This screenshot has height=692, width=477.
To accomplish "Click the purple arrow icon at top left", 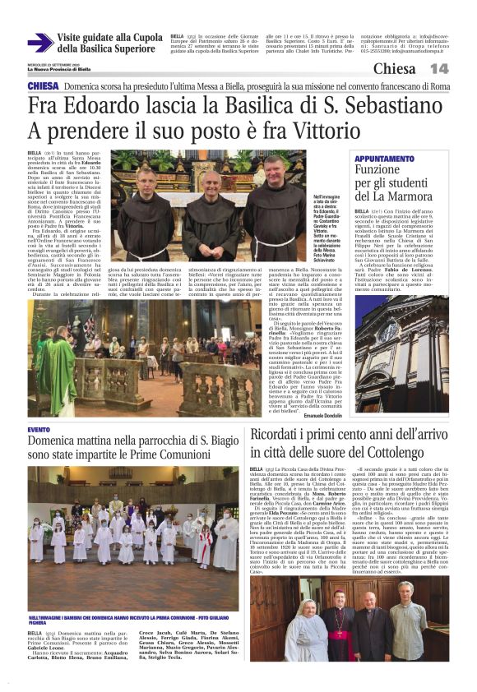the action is pyautogui.click(x=39, y=43).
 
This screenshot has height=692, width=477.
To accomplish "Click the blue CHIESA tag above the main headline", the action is pyautogui.click(x=43, y=86).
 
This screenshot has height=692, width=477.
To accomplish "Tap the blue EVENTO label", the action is pyautogui.click(x=39, y=430).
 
